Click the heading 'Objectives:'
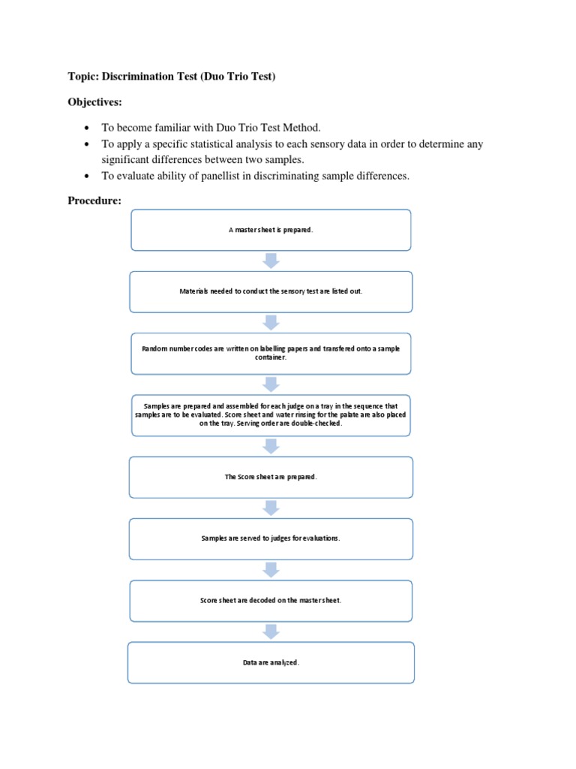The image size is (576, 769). (97, 101)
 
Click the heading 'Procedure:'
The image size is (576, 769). (94, 200)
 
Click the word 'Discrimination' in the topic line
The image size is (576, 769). (141, 77)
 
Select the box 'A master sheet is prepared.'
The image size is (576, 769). (271, 230)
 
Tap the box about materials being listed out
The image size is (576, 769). (271, 291)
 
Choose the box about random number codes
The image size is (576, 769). (271, 353)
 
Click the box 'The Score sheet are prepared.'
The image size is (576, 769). (271, 477)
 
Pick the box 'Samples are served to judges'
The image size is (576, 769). (271, 538)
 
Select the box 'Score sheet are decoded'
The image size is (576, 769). (271, 600)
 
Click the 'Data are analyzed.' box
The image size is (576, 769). (271, 662)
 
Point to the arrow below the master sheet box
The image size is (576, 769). (271, 261)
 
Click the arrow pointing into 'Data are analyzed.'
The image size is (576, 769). (271, 632)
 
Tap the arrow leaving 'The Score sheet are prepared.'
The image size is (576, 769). (271, 508)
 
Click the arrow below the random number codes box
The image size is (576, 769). (271, 384)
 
